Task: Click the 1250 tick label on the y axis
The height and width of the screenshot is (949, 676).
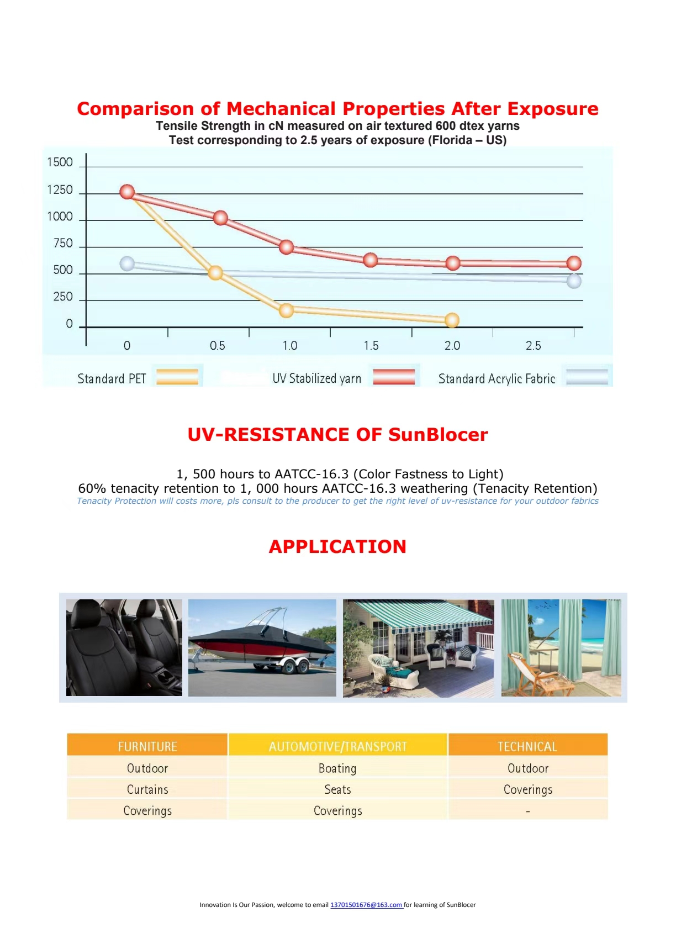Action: tap(60, 190)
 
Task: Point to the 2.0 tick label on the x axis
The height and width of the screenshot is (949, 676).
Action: tap(452, 346)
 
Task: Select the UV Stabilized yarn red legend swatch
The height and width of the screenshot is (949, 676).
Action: tap(394, 377)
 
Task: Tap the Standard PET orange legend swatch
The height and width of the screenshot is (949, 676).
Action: tap(177, 377)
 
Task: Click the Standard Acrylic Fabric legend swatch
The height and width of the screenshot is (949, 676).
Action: tap(587, 377)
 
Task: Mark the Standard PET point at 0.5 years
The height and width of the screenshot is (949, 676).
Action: tap(215, 272)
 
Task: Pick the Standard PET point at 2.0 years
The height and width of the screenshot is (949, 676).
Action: tap(452, 320)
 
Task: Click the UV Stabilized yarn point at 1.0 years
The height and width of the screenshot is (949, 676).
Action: tap(286, 247)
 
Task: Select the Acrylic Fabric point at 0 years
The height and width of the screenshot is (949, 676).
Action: tap(127, 263)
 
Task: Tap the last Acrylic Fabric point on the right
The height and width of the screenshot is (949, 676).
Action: tap(574, 281)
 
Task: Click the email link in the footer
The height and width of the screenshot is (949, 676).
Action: tap(366, 905)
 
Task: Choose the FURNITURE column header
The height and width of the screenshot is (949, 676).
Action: tap(147, 747)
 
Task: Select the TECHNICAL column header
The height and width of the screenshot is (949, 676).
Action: tap(527, 747)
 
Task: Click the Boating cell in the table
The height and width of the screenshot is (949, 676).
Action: tap(337, 768)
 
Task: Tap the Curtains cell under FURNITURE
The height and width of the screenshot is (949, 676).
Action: tap(147, 789)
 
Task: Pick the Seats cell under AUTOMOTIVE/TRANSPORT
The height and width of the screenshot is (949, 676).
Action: tap(337, 789)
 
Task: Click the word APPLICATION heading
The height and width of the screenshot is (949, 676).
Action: tap(337, 546)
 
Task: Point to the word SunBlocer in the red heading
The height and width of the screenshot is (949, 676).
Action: tap(438, 435)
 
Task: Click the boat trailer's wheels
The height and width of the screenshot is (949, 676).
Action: tap(295, 667)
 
